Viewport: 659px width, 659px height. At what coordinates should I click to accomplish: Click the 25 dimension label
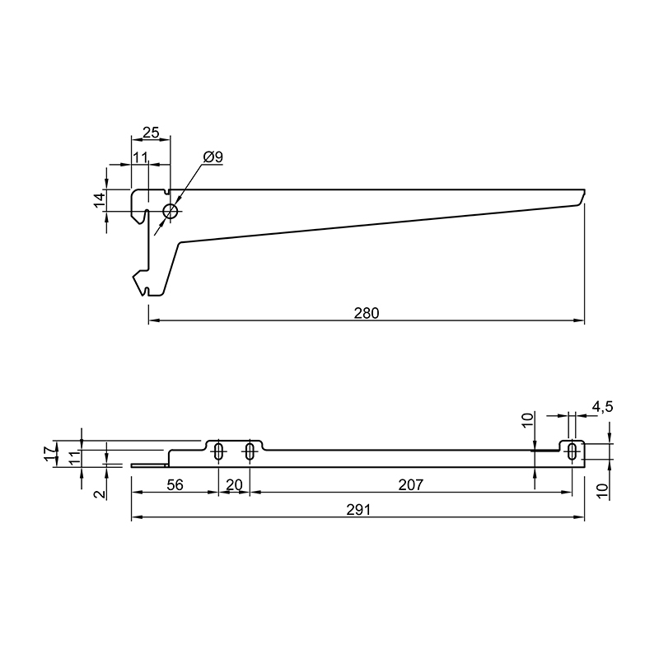(151, 133)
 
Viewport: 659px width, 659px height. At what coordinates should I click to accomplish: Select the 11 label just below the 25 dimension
(140, 157)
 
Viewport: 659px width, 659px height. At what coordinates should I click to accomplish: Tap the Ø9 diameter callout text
(213, 157)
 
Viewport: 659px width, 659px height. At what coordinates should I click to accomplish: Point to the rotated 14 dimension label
(100, 199)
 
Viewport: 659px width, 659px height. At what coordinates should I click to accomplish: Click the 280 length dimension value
(367, 313)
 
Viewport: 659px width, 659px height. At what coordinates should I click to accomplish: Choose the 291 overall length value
(358, 510)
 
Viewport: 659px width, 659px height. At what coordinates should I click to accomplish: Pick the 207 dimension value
(410, 485)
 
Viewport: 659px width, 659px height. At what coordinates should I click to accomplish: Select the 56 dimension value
(175, 485)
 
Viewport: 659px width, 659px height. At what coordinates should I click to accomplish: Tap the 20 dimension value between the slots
(235, 485)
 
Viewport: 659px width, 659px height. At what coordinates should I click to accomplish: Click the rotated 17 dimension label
(50, 453)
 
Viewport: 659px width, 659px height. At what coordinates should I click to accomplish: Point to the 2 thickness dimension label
(100, 493)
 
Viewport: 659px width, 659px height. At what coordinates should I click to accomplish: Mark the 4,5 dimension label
(603, 407)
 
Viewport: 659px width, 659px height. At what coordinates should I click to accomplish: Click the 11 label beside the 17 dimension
(74, 457)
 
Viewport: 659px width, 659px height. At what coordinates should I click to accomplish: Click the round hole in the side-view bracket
(171, 212)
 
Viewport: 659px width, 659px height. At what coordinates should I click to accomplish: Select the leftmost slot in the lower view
(218, 451)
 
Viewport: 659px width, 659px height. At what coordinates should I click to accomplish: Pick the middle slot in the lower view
(250, 451)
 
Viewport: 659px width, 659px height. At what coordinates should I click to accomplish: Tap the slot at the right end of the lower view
(572, 451)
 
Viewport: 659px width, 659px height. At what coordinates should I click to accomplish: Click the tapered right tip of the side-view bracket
(582, 197)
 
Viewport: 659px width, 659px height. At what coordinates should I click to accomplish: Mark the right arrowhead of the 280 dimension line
(580, 320)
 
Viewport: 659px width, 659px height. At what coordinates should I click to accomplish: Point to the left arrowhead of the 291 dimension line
(137, 517)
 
